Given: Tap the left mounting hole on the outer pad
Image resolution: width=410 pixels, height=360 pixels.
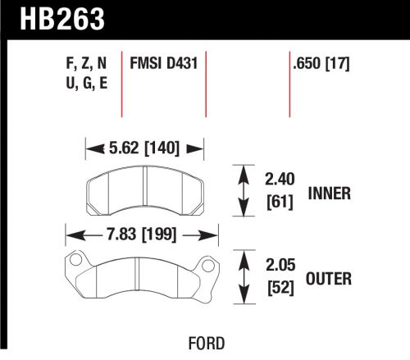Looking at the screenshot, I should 75,262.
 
